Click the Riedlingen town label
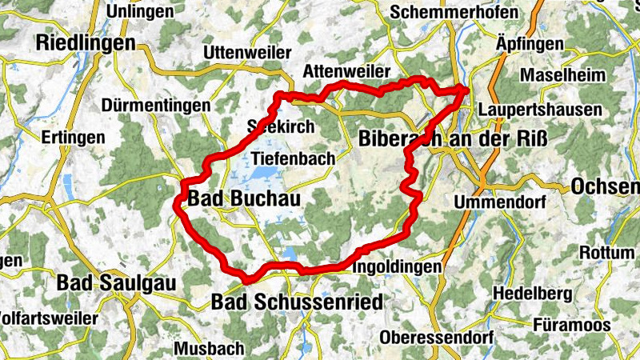(x=86, y=43)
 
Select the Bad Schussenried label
(x=297, y=302)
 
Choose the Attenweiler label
(x=346, y=72)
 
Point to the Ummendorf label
(x=496, y=200)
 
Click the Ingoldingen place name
(x=397, y=266)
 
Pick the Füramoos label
(x=571, y=325)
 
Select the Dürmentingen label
(x=156, y=105)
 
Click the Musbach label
(x=209, y=349)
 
